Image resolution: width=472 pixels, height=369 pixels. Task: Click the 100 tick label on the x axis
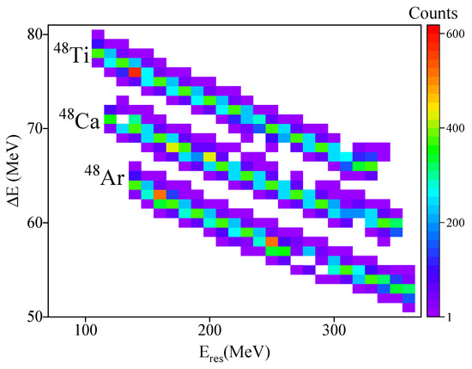pyautogui.click(x=85, y=329)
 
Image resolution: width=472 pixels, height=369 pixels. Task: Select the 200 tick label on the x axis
pyautogui.click(x=209, y=329)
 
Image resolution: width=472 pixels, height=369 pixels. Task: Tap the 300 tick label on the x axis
pyautogui.click(x=334, y=329)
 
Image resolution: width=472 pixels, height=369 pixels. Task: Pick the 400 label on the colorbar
pyautogui.click(x=455, y=127)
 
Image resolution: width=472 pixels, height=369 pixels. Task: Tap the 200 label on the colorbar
pyautogui.click(x=455, y=222)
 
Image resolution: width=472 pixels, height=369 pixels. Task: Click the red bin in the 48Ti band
pyautogui.click(x=135, y=71)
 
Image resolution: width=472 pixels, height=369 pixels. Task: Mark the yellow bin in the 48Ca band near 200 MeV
pyautogui.click(x=209, y=157)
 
